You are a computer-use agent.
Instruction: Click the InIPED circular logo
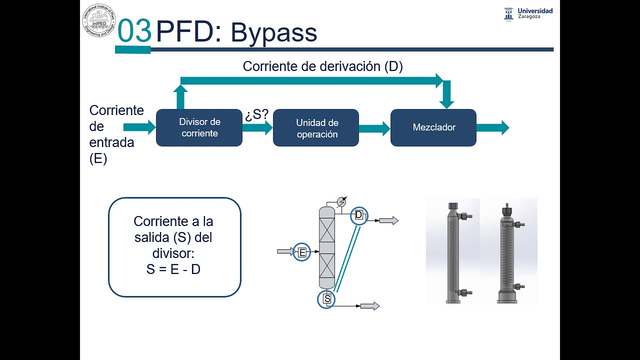[99, 20]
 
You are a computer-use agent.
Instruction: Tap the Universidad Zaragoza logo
[528, 13]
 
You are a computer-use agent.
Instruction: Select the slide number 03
[134, 31]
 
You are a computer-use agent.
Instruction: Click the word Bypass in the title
[273, 33]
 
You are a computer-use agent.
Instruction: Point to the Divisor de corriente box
[199, 127]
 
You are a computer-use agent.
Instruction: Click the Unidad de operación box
[315, 128]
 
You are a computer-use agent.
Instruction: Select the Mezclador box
[433, 127]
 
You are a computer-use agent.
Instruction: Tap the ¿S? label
[256, 114]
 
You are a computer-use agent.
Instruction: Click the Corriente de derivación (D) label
[322, 66]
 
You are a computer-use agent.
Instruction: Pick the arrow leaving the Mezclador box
[492, 128]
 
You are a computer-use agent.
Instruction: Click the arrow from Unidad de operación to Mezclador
[374, 128]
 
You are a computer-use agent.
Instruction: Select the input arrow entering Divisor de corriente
[139, 127]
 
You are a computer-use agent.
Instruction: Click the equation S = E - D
[173, 269]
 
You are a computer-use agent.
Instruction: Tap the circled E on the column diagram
[302, 252]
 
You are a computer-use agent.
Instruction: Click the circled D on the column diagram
[358, 215]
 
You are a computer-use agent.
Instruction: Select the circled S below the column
[326, 299]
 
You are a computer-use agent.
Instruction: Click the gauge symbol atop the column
[341, 201]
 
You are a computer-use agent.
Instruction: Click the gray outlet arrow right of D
[388, 220]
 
